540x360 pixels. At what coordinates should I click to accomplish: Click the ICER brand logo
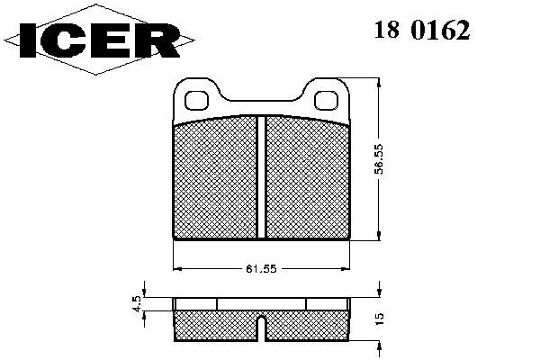click(99, 40)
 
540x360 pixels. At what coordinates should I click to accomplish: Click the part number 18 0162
click(422, 30)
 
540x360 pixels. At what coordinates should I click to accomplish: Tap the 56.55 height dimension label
click(379, 159)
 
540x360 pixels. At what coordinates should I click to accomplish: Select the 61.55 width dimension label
click(261, 269)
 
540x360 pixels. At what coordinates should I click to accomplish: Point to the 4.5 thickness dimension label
click(137, 304)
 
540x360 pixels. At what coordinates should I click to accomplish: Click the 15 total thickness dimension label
click(379, 319)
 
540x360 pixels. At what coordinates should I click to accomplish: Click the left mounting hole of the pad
click(196, 100)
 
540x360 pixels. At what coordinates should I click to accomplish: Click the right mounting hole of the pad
click(326, 100)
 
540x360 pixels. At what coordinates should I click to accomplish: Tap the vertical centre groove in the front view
click(261, 177)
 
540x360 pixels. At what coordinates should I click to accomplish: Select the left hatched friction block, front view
click(215, 178)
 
